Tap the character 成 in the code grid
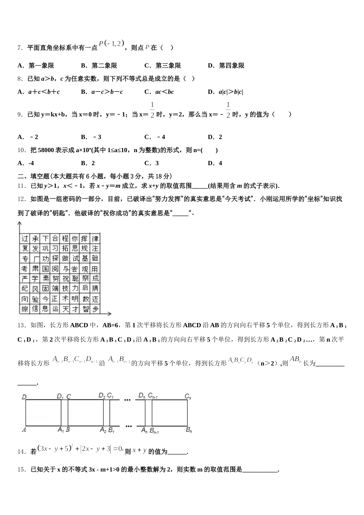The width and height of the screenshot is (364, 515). [95, 279]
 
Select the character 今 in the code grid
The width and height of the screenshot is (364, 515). [45, 299]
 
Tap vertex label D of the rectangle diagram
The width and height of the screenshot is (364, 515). [24, 397]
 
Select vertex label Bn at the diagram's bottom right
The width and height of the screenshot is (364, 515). [189, 430]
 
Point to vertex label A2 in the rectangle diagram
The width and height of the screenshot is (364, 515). [103, 430]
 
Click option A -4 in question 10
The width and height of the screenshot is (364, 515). [26, 163]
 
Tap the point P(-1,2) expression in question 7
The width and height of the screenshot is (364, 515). [111, 44]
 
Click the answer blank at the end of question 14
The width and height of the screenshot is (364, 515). [177, 452]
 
